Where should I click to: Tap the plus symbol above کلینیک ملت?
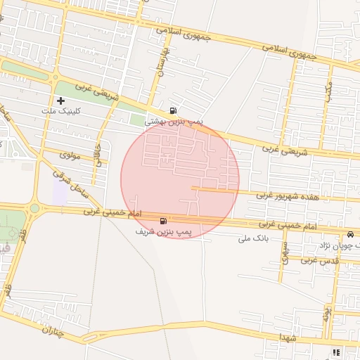click(x=61, y=101)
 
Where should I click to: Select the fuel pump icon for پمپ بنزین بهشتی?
click(x=173, y=110)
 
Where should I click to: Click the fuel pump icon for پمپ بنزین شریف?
click(x=164, y=220)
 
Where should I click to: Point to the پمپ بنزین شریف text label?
click(x=163, y=231)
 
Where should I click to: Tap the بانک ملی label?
click(x=254, y=239)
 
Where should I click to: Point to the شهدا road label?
click(x=288, y=338)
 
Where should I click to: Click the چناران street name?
click(x=52, y=330)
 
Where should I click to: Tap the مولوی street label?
click(x=71, y=155)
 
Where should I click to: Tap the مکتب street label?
click(x=328, y=91)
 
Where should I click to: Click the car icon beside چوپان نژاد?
click(x=349, y=234)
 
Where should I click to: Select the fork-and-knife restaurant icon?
click(x=336, y=352)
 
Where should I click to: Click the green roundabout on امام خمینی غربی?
click(x=34, y=207)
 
